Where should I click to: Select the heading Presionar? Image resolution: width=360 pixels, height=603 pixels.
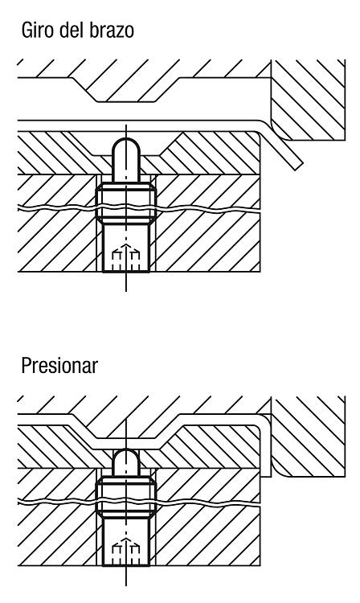(59, 365)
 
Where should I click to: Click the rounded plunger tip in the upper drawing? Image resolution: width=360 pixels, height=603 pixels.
(125, 159)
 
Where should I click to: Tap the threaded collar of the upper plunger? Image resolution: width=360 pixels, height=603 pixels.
(125, 203)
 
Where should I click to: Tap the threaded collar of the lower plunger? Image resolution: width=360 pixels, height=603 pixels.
(125, 497)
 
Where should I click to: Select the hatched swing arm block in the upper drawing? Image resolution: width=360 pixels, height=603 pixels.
(307, 99)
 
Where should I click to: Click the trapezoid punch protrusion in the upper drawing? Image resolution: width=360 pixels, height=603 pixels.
(125, 89)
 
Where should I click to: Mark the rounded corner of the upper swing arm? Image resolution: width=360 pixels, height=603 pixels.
(280, 131)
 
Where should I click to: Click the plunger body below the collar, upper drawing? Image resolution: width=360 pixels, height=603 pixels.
(125, 248)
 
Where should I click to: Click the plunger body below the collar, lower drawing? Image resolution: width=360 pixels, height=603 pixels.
(125, 542)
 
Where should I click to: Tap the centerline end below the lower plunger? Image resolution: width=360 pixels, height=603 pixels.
(126, 585)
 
